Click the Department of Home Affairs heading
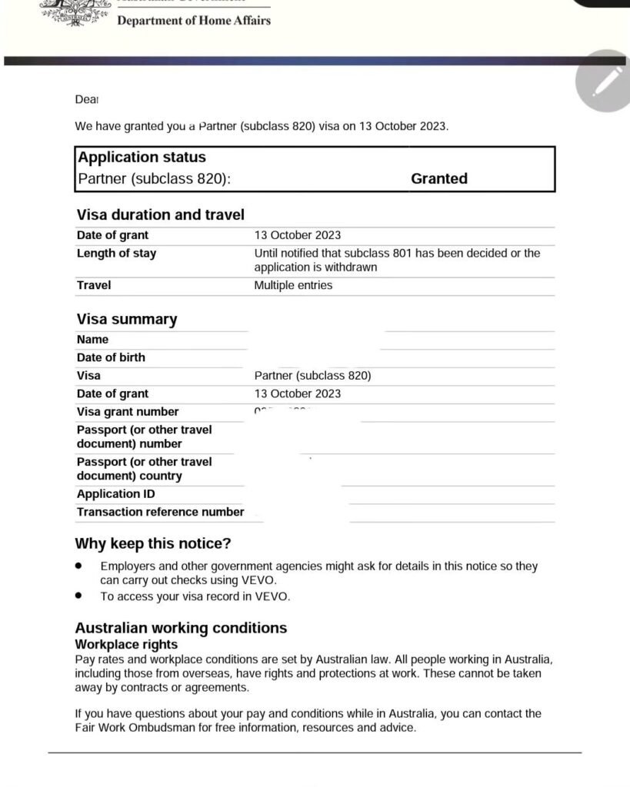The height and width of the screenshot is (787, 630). coord(193,21)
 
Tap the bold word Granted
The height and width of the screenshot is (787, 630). coord(439,178)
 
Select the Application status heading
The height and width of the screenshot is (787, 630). coord(142,157)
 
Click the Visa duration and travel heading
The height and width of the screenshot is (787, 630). coord(160,214)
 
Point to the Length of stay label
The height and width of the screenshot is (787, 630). coord(116,254)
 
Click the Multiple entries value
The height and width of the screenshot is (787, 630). coord(293,285)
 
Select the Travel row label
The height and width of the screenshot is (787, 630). coord(94,285)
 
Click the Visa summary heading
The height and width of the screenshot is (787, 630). coord(126,319)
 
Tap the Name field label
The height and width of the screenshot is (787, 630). coord(92,340)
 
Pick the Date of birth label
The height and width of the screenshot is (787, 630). coord(111,357)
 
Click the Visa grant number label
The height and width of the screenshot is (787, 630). coord(128,412)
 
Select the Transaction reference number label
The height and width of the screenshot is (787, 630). coord(160,512)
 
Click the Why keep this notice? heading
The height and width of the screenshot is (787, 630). coord(152,543)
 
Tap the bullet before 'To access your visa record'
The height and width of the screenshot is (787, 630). coord(79,596)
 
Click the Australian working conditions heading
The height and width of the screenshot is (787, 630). coord(181,628)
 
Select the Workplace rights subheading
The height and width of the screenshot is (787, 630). coord(126,645)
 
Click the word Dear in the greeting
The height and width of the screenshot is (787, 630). coord(87,100)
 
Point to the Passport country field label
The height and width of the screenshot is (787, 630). coord(144,469)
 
